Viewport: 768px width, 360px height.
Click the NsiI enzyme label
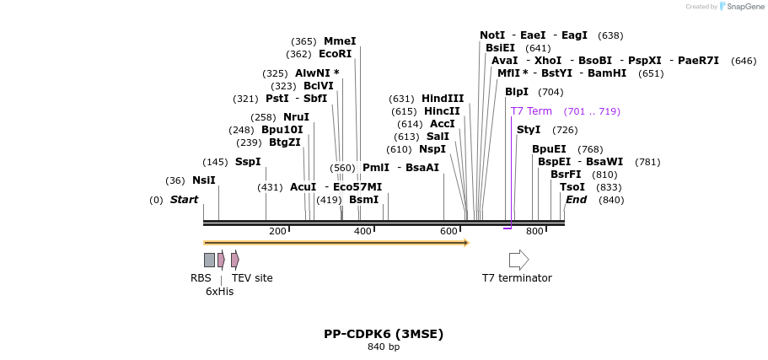(x=203, y=180)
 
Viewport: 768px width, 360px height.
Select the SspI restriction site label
(x=248, y=162)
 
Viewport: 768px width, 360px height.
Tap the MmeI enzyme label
(x=340, y=41)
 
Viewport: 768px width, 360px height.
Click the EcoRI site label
(x=335, y=54)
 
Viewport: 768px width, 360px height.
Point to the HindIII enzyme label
(x=443, y=99)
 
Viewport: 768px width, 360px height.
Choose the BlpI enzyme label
(x=517, y=92)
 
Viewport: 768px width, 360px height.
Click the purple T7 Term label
(x=531, y=111)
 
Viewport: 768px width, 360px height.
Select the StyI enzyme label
(x=529, y=130)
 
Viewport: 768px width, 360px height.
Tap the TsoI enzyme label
(x=572, y=187)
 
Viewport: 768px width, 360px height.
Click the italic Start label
(x=184, y=200)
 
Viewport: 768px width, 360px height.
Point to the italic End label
(x=576, y=200)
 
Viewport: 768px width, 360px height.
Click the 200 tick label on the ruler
(x=277, y=232)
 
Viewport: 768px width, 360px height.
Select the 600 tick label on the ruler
(x=448, y=232)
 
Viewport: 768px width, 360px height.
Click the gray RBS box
(x=209, y=260)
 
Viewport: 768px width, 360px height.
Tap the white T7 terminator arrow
(x=518, y=260)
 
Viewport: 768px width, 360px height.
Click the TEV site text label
(x=252, y=278)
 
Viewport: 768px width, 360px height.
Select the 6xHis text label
(x=219, y=292)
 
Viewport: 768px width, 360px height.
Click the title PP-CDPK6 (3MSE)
(x=384, y=334)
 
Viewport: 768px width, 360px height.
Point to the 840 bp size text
(x=384, y=347)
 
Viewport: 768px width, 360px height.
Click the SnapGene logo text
(x=745, y=7)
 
